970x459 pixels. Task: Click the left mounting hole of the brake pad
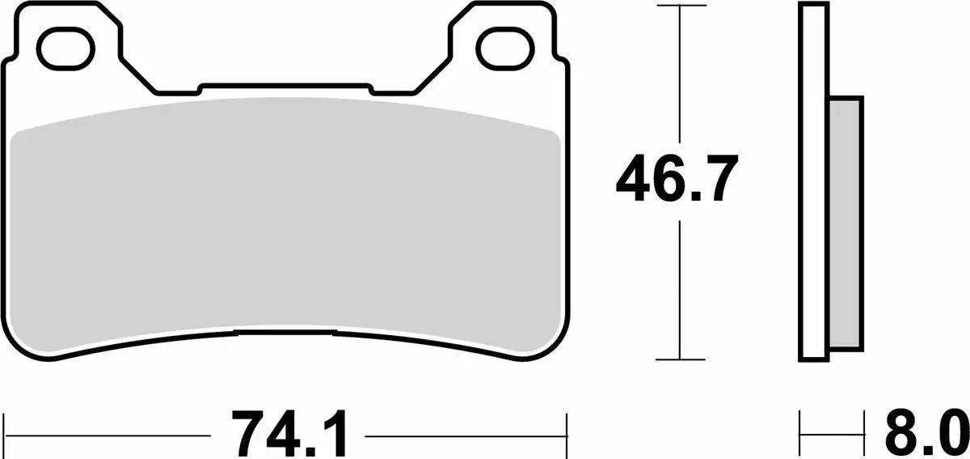pos(65,48)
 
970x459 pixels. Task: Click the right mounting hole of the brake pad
pos(505,48)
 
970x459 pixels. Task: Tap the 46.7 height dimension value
pos(677,178)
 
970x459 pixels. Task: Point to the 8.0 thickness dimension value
pos(926,434)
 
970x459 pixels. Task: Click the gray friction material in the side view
pos(845,223)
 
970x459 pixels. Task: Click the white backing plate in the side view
pos(814,181)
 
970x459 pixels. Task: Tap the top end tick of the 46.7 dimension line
pos(681,5)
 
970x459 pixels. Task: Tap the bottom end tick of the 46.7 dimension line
pos(681,359)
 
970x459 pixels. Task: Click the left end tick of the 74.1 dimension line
pos(4,435)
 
